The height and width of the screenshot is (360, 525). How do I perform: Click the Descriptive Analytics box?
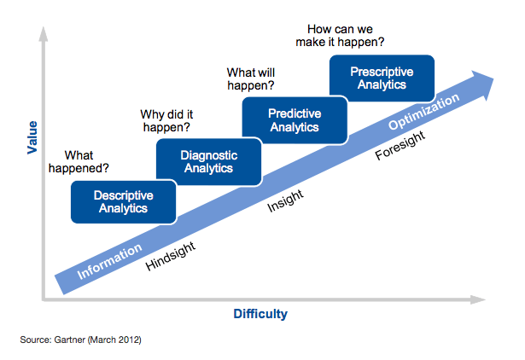[x=123, y=201]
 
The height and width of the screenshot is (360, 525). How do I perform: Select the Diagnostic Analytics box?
[x=208, y=161]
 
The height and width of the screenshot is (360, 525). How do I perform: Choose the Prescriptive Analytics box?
[x=382, y=78]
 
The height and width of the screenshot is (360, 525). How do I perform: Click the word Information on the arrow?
[x=109, y=263]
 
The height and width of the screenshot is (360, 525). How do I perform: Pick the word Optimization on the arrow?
[x=424, y=113]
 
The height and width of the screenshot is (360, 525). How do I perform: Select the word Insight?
[x=286, y=202]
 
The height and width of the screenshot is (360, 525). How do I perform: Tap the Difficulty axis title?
[x=260, y=314]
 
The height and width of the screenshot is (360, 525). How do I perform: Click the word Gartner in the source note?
[x=69, y=340]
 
